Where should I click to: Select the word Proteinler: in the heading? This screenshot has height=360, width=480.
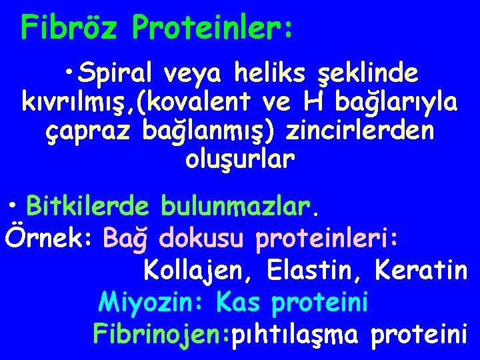pyautogui.click(x=212, y=27)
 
